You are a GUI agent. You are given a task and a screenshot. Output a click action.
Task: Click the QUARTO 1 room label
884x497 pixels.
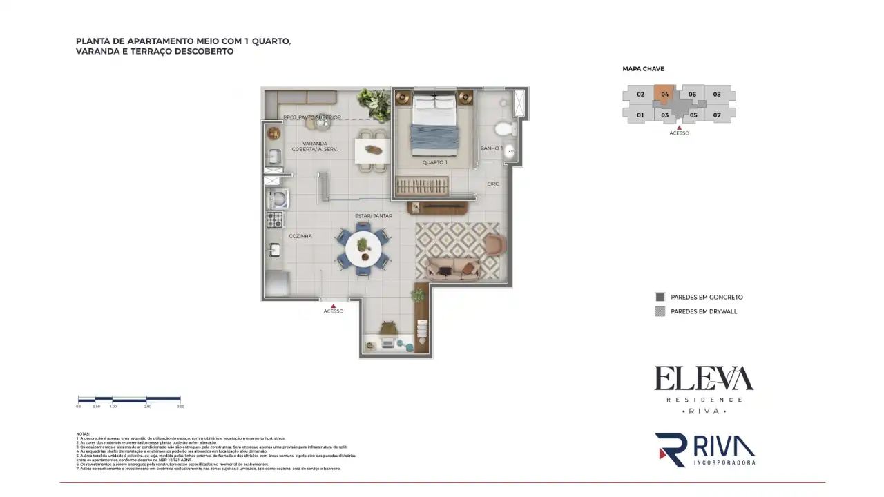(x=435, y=162)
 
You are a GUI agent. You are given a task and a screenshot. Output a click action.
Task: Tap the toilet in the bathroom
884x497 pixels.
(x=503, y=129)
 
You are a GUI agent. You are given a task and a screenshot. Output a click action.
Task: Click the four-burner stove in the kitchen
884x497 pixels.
(x=275, y=220)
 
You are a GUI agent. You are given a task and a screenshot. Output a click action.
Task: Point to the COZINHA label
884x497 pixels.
(x=300, y=236)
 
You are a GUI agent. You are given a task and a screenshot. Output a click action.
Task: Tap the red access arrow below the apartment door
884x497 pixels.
(x=334, y=304)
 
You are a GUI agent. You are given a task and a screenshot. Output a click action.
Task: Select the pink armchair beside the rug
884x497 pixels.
(x=494, y=244)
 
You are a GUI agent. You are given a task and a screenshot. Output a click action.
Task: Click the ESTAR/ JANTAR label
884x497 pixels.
(x=374, y=216)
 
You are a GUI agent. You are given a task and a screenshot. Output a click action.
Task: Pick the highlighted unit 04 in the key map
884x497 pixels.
(x=664, y=95)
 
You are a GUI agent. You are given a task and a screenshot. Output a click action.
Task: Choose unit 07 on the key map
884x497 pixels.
(x=717, y=115)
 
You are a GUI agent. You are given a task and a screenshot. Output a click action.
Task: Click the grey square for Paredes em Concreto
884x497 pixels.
(x=660, y=297)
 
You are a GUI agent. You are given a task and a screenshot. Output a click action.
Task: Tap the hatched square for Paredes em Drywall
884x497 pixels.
(x=660, y=311)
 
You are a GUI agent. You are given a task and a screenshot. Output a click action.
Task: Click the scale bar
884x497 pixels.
(x=129, y=399)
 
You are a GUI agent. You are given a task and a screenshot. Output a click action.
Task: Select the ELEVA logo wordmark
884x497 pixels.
(x=704, y=379)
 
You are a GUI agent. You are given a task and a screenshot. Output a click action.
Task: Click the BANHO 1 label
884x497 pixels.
(x=491, y=148)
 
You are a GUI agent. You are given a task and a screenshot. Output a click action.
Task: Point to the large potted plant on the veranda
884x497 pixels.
(x=376, y=104)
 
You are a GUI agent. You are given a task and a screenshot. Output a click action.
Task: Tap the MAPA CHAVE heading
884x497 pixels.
(x=643, y=69)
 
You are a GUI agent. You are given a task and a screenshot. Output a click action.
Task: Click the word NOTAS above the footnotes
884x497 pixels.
(x=82, y=434)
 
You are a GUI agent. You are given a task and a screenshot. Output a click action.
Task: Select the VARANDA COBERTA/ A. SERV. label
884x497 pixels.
(x=314, y=146)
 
